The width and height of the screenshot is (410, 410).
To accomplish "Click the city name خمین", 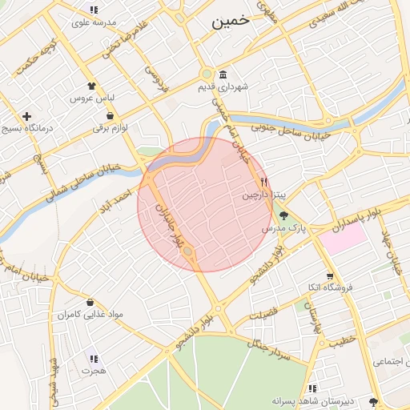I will tap(232, 22).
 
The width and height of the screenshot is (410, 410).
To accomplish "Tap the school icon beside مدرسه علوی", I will tap(94, 10).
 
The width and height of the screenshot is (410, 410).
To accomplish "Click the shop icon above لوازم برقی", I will tap(110, 116).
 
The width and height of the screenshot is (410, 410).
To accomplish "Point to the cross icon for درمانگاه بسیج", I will tap(27, 116).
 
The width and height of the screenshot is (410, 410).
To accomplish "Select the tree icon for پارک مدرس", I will tap(283, 215).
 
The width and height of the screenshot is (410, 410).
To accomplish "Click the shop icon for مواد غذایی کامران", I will tap(90, 303).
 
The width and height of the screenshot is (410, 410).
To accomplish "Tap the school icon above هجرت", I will tap(93, 360).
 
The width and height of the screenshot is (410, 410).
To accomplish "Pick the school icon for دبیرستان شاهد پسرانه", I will tap(313, 376).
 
